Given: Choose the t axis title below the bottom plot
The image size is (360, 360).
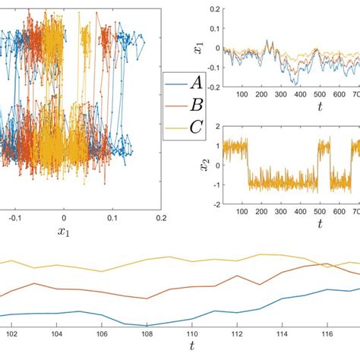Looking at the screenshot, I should click(192, 347).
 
